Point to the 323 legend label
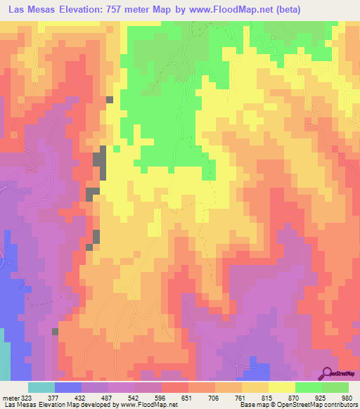click(x=27, y=397)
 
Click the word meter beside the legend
click(x=11, y=397)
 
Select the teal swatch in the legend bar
click(x=41, y=387)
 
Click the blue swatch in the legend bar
click(x=67, y=387)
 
